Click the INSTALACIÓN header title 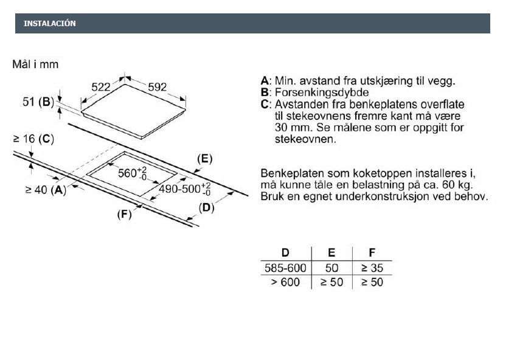pyautogui.click(x=50, y=24)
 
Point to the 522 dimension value pyautogui.click(x=101, y=88)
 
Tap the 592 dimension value pyautogui.click(x=157, y=88)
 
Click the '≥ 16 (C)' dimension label pyautogui.click(x=33, y=139)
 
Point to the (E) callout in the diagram pyautogui.click(x=204, y=159)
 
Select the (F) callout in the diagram pyautogui.click(x=124, y=214)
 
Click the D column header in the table pyautogui.click(x=285, y=253)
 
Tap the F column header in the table pyautogui.click(x=372, y=253)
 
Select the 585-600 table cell pyautogui.click(x=285, y=268)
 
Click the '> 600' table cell pyautogui.click(x=285, y=282)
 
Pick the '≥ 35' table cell pyautogui.click(x=372, y=268)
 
